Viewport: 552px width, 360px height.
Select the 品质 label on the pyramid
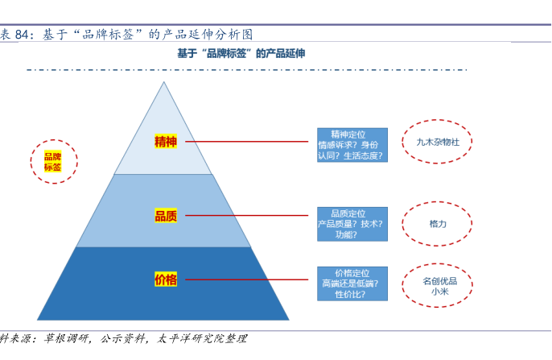point(166,216)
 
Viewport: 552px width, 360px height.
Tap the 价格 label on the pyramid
point(166,280)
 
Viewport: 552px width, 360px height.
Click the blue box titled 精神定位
point(352,145)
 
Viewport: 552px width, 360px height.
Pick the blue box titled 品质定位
point(352,224)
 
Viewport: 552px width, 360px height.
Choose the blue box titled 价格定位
point(352,283)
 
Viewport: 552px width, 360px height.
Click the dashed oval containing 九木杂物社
point(437,143)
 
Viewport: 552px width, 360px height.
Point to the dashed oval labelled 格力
point(437,223)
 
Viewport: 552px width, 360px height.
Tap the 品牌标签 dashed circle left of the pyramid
point(53,162)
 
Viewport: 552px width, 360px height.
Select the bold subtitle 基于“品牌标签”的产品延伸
point(241,53)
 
